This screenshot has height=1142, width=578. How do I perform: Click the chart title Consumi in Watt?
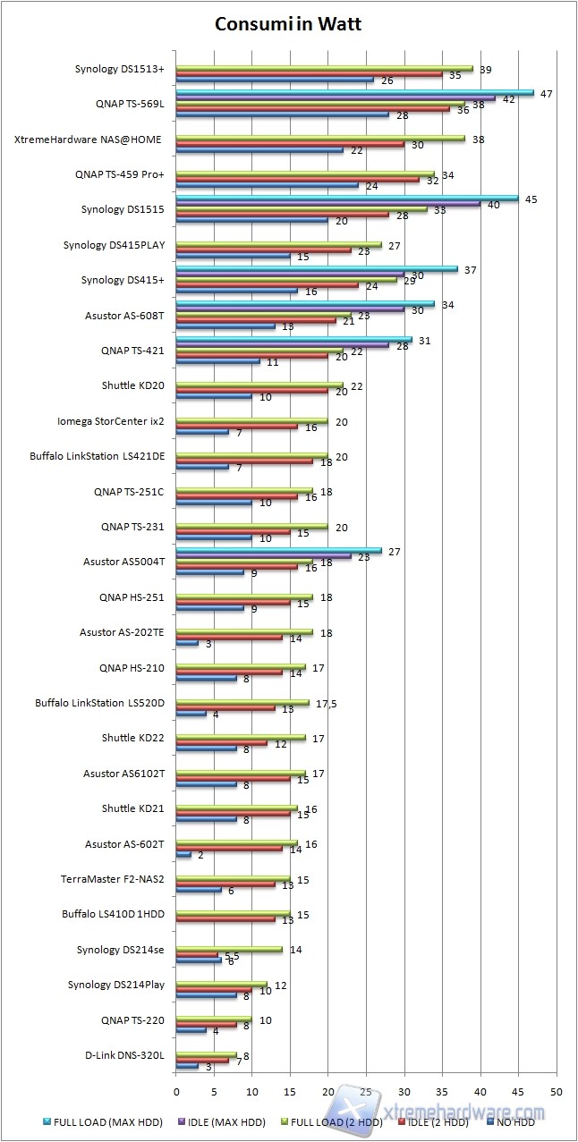point(288,25)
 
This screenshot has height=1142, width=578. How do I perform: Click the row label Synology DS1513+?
point(125,68)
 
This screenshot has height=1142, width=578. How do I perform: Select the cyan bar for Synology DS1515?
point(347,199)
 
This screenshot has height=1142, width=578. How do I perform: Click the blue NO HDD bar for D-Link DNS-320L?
point(188,1066)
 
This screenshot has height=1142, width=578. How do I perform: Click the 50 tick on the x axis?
point(557,1092)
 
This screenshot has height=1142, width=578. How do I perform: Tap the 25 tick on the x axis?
point(367,1092)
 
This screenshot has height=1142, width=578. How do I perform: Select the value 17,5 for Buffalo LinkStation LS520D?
point(325,703)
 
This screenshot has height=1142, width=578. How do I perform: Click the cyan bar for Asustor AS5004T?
point(279,552)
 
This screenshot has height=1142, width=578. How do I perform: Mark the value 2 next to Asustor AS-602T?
point(200,855)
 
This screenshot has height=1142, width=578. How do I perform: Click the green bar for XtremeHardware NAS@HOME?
point(320,139)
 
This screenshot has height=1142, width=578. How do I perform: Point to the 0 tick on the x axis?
point(176,1092)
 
